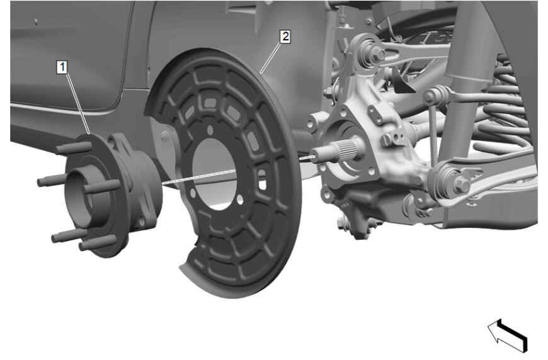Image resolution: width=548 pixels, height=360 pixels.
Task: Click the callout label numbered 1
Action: point(62,67)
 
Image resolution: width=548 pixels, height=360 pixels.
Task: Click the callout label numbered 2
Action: point(285,37)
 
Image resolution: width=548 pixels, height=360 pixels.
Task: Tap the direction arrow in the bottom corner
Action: point(508,335)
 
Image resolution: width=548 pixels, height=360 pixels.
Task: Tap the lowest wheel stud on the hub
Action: point(97,242)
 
